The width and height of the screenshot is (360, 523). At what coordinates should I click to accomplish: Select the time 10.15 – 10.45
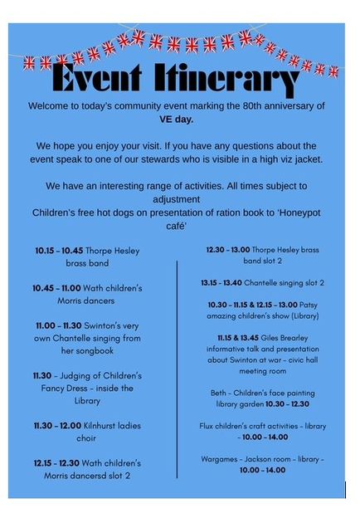tap(61, 251)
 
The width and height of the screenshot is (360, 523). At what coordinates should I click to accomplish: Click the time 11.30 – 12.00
tap(57, 426)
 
